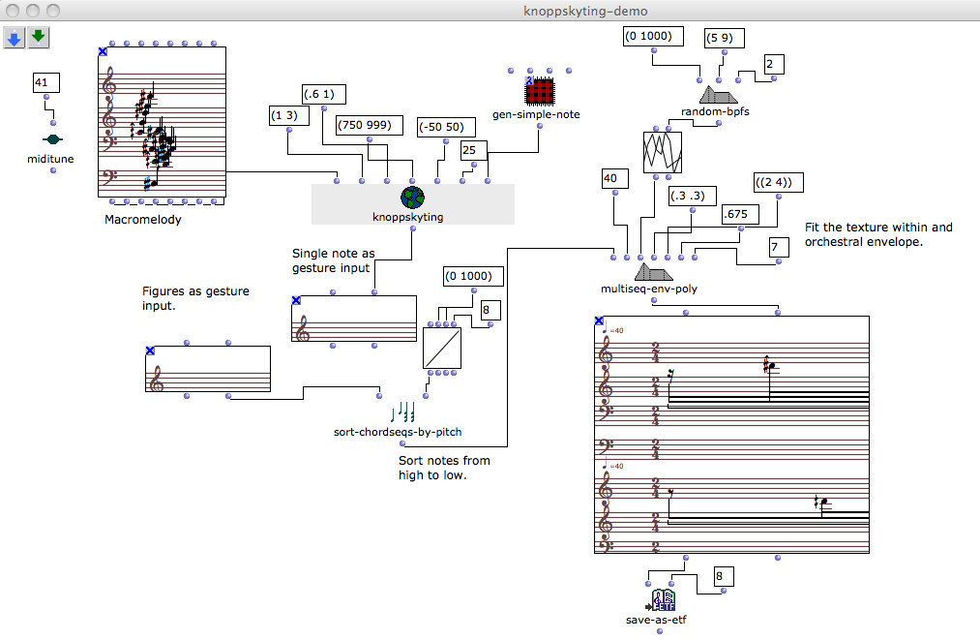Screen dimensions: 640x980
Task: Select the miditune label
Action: click(x=51, y=159)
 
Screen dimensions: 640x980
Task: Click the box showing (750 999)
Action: click(x=369, y=125)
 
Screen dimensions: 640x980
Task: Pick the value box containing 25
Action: click(x=472, y=150)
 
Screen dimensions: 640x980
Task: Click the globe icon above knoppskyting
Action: click(x=412, y=198)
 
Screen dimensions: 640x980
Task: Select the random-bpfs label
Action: click(x=717, y=111)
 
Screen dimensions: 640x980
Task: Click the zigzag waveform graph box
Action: click(x=663, y=153)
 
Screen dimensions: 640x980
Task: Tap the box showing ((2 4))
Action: click(x=778, y=184)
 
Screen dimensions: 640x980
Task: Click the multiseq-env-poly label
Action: click(x=649, y=289)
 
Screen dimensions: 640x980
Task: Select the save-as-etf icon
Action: click(x=663, y=600)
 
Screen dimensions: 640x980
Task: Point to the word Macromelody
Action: click(x=142, y=220)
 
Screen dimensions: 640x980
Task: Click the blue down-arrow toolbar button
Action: click(x=15, y=38)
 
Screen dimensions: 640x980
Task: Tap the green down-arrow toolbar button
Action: click(x=38, y=38)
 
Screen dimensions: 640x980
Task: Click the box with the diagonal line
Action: click(x=441, y=348)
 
